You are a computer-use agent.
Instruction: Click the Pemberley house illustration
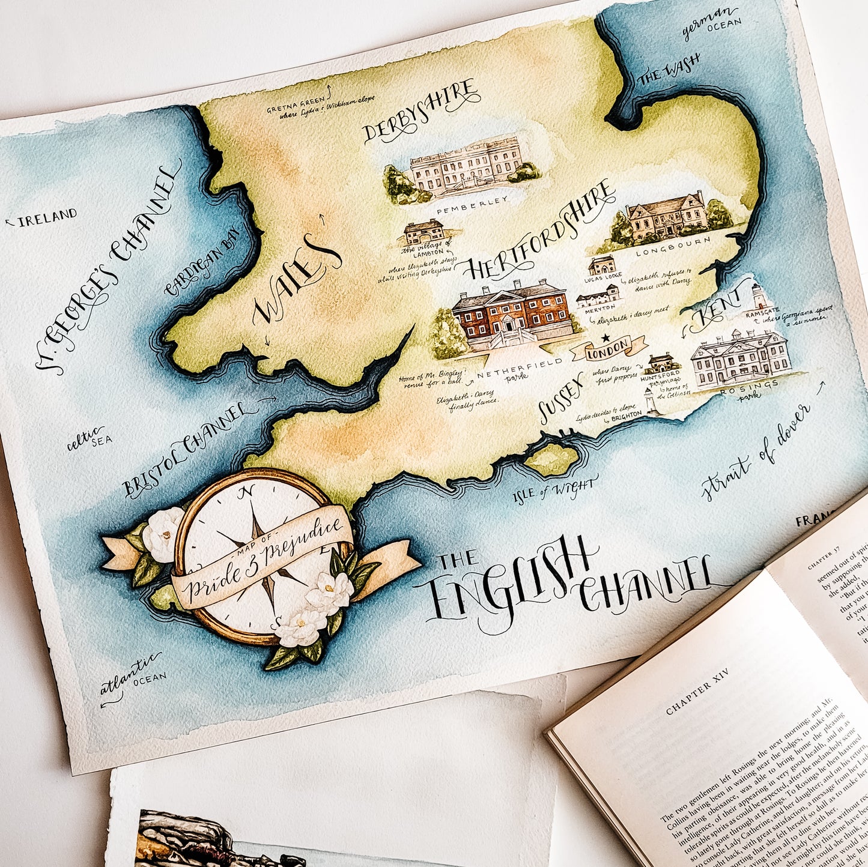[x=466, y=168]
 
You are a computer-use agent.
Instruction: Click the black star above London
[x=605, y=338]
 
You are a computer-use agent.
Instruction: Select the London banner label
[x=609, y=350]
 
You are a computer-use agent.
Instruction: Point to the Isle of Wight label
[x=555, y=489]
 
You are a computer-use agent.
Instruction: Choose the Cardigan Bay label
[x=202, y=262]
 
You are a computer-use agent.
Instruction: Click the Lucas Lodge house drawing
[x=602, y=265]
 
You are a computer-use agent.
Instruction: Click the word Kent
[x=715, y=312]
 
